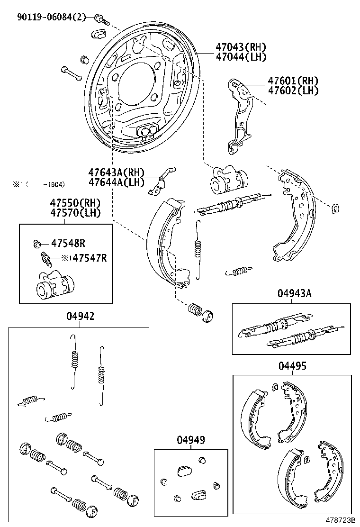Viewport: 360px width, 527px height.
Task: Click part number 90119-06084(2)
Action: tap(52, 18)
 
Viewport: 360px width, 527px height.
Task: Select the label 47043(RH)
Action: tap(240, 47)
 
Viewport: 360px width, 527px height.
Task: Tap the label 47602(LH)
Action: tap(292, 91)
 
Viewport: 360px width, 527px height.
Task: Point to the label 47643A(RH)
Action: tap(117, 173)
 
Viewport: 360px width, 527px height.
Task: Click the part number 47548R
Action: tap(68, 244)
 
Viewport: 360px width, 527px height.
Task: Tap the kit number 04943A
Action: tap(294, 293)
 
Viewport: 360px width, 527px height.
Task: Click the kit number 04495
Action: tap(292, 366)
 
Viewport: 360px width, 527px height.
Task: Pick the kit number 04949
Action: tap(191, 440)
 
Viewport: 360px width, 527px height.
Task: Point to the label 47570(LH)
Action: tap(76, 213)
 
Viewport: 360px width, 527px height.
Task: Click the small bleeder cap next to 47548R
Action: tap(37, 244)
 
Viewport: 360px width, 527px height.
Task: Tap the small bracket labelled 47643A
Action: tap(160, 182)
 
